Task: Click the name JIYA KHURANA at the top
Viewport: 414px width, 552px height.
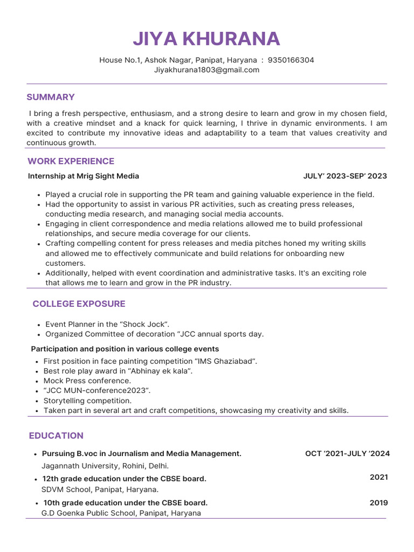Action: (x=206, y=39)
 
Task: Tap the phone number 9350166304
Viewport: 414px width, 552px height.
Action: (x=291, y=60)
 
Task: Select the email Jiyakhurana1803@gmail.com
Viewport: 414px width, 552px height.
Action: (x=206, y=70)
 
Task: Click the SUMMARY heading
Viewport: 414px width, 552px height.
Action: (x=51, y=97)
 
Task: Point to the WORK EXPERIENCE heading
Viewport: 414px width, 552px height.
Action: (x=71, y=161)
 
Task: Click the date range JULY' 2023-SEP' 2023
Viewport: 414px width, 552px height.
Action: (x=345, y=176)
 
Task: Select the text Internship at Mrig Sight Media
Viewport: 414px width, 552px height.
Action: (x=84, y=176)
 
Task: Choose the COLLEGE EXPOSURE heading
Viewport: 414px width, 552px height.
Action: (x=79, y=303)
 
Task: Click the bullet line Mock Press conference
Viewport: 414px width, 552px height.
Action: (x=87, y=381)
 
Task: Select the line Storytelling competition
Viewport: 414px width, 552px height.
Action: (x=87, y=401)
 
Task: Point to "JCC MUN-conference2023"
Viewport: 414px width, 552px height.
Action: (x=97, y=391)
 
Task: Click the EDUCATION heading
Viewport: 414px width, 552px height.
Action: (x=56, y=436)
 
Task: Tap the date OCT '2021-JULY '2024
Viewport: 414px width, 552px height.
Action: (x=347, y=454)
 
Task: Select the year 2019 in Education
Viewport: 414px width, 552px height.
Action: (x=378, y=503)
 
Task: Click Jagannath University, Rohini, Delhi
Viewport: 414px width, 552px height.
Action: (x=105, y=466)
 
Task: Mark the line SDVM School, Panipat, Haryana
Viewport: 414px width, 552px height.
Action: (x=100, y=489)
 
